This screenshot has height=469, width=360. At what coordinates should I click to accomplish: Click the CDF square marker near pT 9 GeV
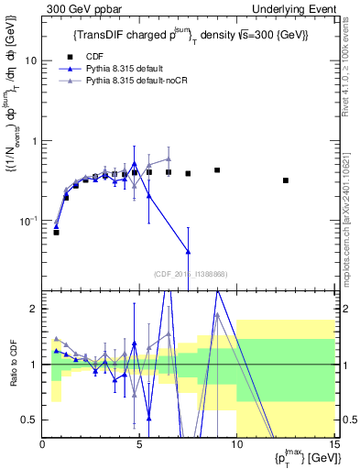[217, 170]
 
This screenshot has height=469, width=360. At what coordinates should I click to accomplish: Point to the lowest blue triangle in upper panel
[188, 251]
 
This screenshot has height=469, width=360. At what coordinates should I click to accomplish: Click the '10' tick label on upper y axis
[31, 60]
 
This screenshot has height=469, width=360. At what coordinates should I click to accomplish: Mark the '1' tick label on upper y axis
[35, 141]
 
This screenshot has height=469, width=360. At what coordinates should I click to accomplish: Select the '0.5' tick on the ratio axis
[29, 420]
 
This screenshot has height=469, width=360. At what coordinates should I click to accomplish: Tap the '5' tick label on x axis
[139, 445]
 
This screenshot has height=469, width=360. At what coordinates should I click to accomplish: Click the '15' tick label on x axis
[333, 445]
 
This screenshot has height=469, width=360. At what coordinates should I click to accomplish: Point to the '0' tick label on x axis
[42, 445]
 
